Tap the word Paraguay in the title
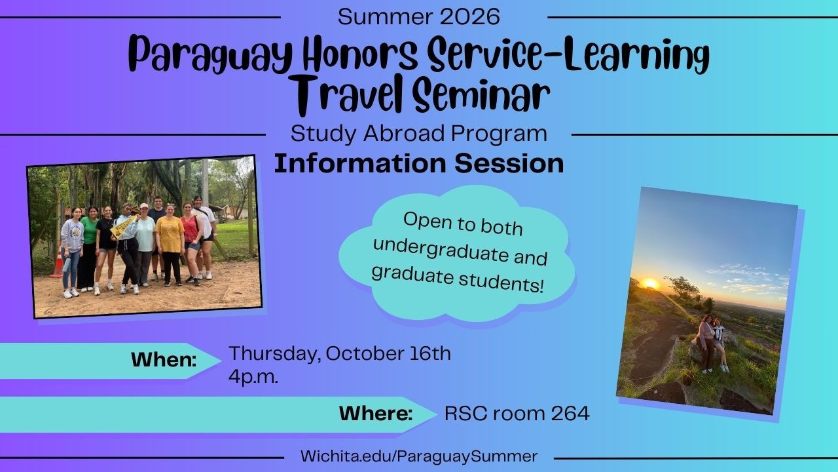point(211,54)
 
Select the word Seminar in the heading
point(482,94)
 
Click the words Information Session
point(419,164)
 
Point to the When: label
point(164,360)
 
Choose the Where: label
point(376,414)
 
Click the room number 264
point(570,414)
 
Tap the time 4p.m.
point(253,376)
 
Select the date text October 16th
point(388,353)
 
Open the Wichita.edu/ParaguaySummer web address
point(419,456)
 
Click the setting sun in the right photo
point(650,284)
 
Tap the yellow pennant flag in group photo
point(124,227)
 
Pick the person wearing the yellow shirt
point(170,244)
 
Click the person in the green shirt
point(88,247)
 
